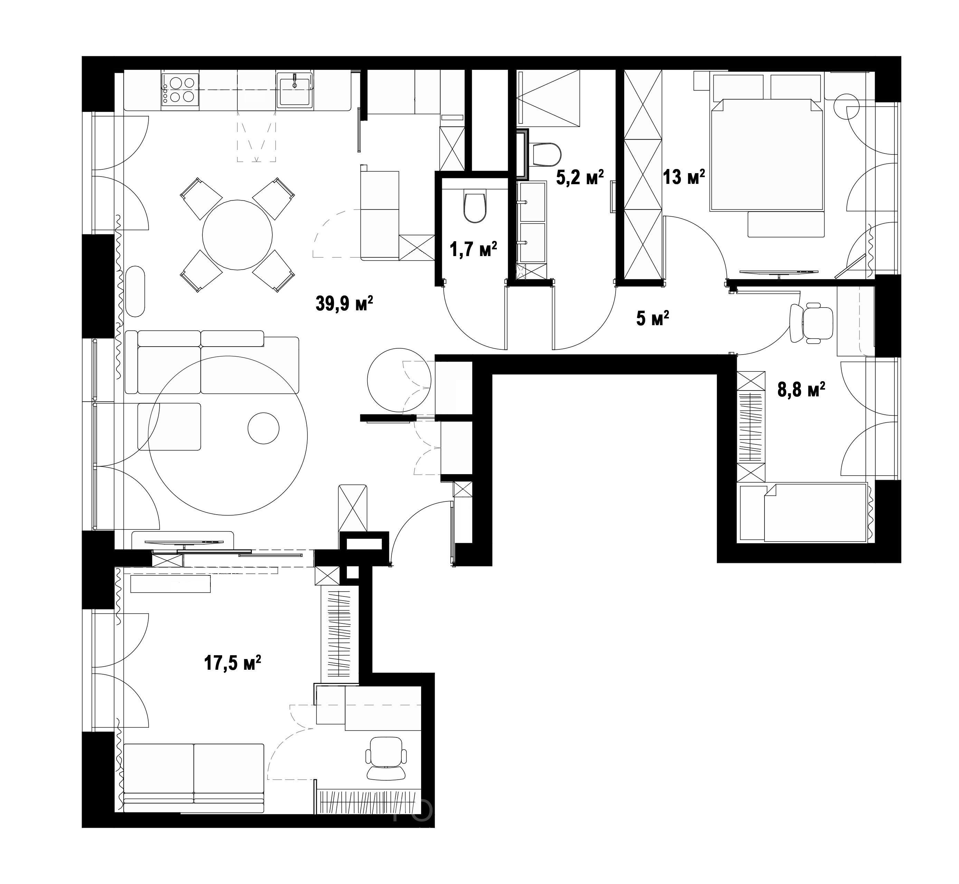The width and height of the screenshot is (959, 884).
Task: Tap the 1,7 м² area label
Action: pyautogui.click(x=473, y=249)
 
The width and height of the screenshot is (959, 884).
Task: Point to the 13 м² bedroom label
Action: pyautogui.click(x=684, y=178)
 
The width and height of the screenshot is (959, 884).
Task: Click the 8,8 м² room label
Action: pyautogui.click(x=801, y=390)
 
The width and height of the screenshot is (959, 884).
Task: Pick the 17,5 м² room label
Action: pyautogui.click(x=233, y=664)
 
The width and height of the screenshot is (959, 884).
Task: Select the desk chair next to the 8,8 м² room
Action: pyautogui.click(x=811, y=323)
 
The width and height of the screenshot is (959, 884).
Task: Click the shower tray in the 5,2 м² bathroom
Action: pyautogui.click(x=548, y=98)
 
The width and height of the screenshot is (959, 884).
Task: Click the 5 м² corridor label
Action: pyautogui.click(x=653, y=318)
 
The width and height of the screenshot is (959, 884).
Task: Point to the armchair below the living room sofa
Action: pyautogui.click(x=169, y=426)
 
